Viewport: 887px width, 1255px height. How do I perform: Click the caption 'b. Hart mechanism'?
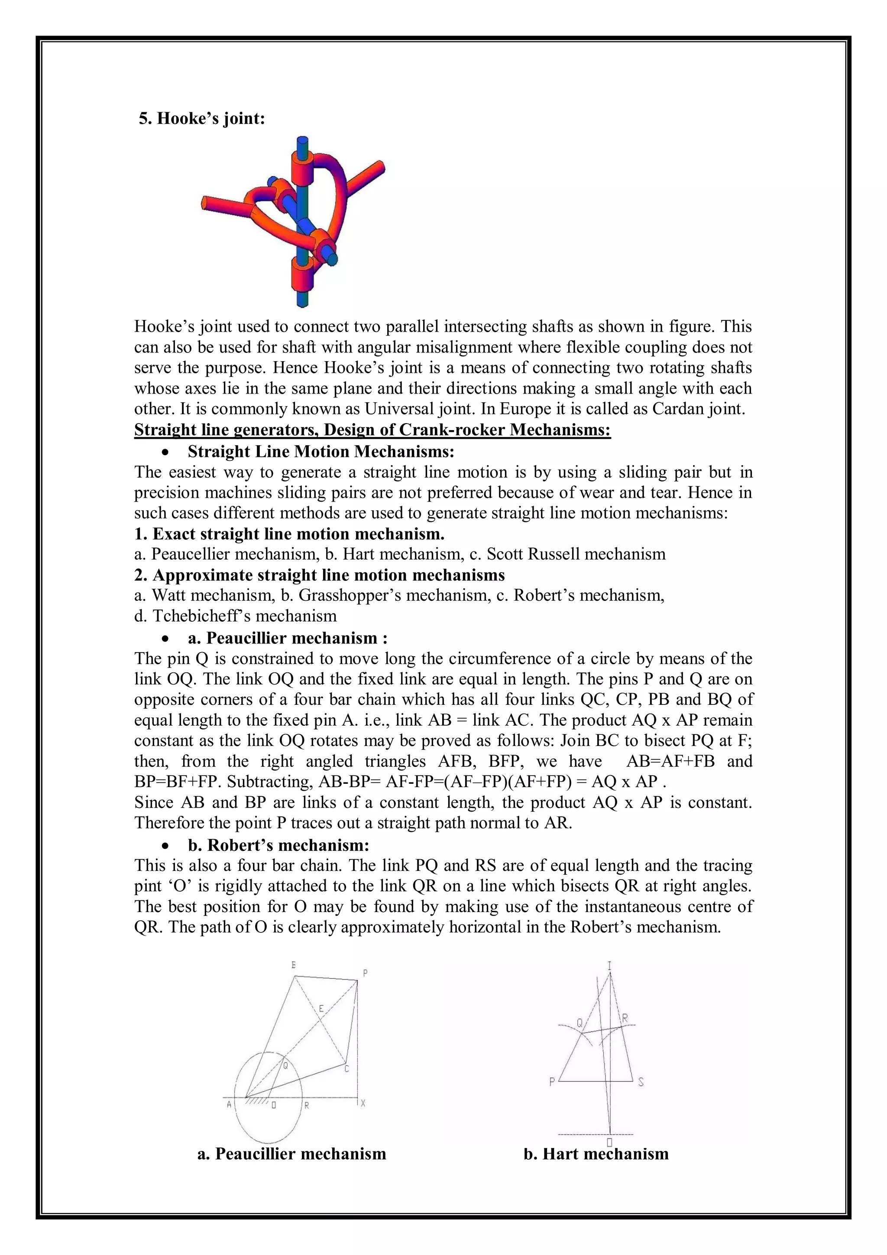pyautogui.click(x=596, y=1154)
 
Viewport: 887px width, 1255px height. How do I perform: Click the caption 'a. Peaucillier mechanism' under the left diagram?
pyautogui.click(x=291, y=1154)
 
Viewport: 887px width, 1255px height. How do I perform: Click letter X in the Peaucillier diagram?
pyautogui.click(x=363, y=1104)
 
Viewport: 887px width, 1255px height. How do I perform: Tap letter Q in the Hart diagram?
pyautogui.click(x=579, y=1022)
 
